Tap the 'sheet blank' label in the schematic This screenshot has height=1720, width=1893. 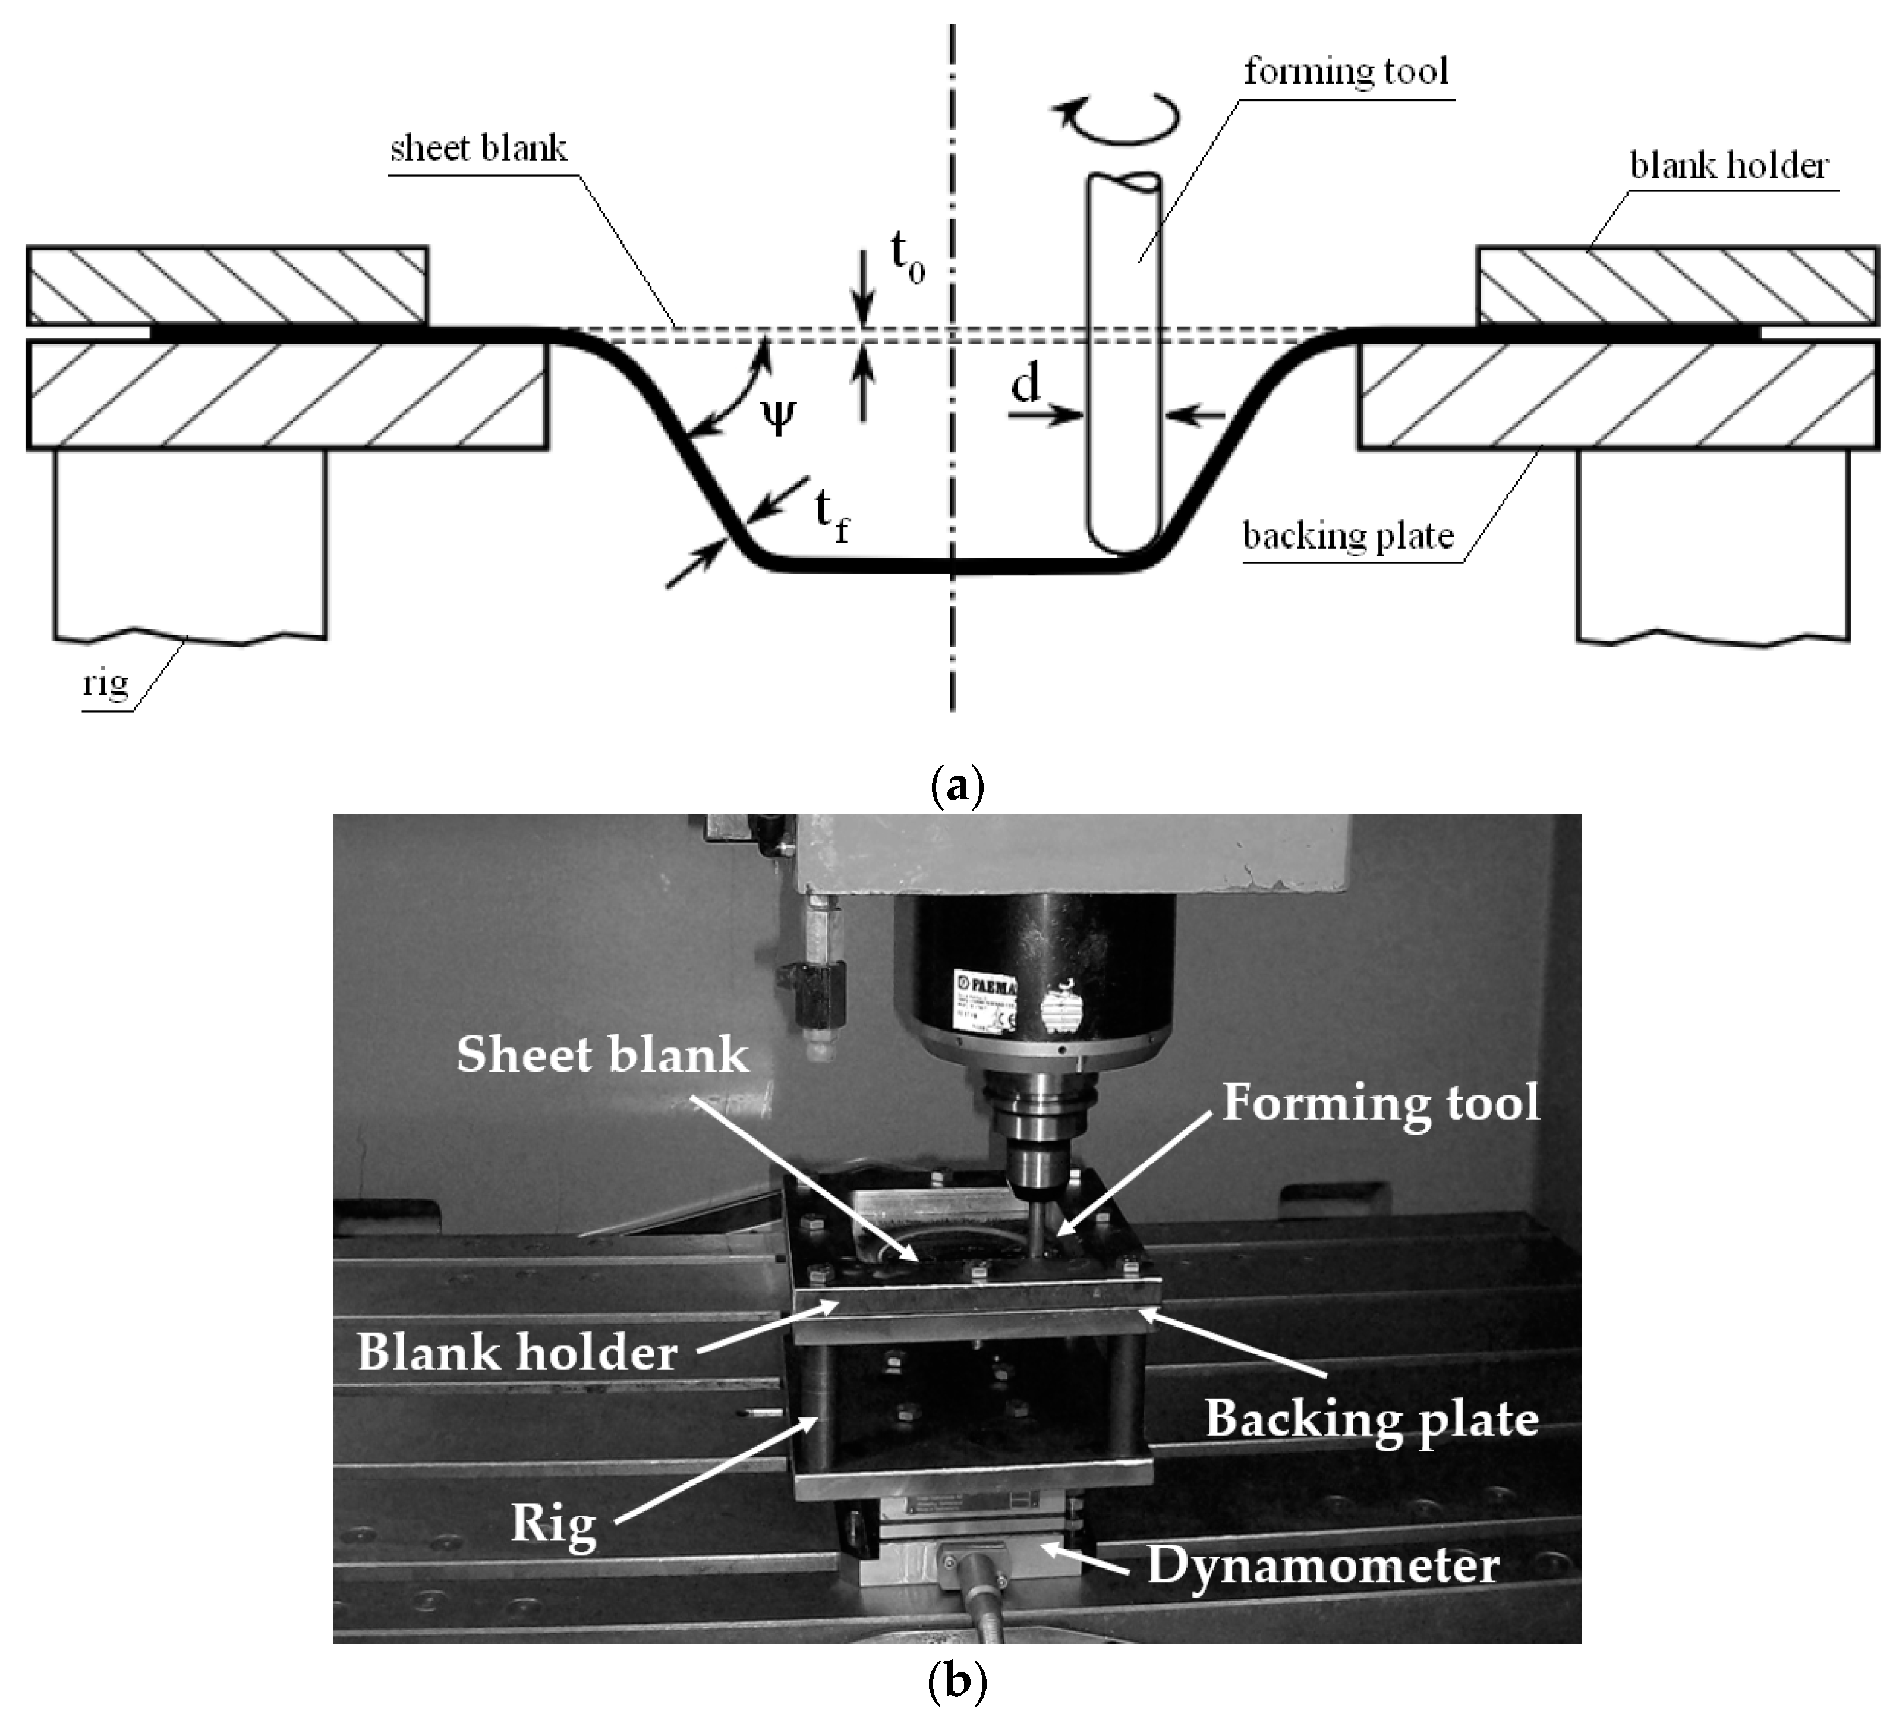coord(479,149)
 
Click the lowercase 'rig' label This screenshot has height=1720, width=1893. coord(105,682)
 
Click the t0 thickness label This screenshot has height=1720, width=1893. coord(906,256)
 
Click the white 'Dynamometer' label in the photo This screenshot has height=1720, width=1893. coord(1322,1565)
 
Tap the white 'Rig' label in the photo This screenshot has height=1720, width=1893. coord(554,1522)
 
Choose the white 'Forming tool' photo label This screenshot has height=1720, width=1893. coord(1380,1102)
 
